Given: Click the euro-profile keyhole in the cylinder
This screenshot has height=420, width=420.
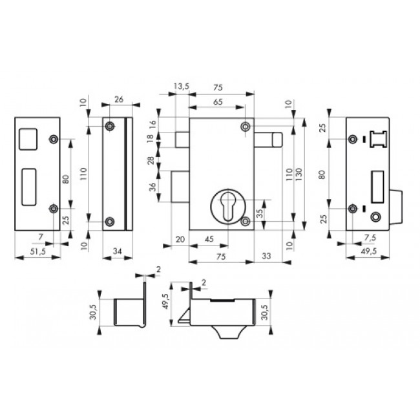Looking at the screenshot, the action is pos(228,207).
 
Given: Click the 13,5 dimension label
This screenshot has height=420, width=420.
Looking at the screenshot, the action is pos(182,87).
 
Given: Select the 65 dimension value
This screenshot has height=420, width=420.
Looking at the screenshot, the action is pos(218,102).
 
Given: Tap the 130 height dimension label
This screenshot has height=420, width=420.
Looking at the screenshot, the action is pos(299,174).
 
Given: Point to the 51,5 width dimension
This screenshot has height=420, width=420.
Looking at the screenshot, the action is pos(38,251).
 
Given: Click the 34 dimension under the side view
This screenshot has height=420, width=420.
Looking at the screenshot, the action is pos(118,251).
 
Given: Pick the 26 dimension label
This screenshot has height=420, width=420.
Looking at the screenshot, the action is pos(119,100).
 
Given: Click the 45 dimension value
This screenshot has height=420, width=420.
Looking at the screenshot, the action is pos(209,239).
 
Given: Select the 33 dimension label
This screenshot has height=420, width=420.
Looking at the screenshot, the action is pos(266,256).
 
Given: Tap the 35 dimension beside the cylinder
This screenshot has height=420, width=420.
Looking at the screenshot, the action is pos(260,213).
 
